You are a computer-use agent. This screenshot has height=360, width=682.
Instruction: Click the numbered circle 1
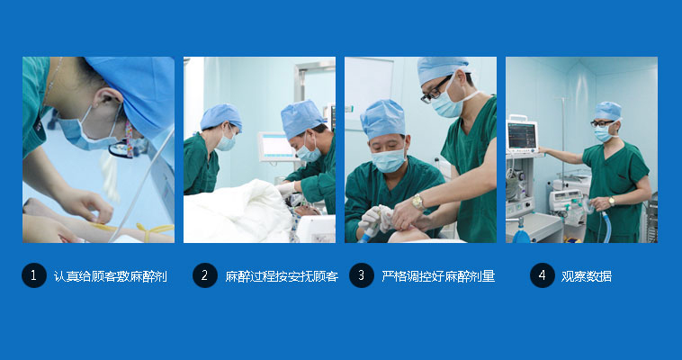34,275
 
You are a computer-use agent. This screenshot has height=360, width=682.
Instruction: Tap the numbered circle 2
205,275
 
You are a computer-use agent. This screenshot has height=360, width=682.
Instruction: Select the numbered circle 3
362,275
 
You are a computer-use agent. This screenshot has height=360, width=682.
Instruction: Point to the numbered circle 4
542,275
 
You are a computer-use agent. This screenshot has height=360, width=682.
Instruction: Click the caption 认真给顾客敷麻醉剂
111,276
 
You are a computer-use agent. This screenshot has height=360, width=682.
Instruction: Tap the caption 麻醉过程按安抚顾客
282,276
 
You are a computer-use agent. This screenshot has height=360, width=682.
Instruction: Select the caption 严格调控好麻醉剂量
438,276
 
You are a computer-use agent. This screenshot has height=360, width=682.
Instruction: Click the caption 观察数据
587,276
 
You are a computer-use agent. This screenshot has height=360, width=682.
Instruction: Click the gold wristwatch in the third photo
418,202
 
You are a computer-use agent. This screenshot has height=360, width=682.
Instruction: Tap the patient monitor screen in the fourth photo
522,135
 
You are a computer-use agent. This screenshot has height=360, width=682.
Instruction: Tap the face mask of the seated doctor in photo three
389,160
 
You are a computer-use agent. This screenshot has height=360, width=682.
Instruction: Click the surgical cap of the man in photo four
607,111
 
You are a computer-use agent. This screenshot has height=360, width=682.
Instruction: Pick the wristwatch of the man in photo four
612,201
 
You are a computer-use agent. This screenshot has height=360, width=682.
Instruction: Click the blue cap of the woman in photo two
221,116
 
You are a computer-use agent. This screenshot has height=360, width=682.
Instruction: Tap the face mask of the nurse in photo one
85,133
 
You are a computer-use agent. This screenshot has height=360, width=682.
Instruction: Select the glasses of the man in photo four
602,123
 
